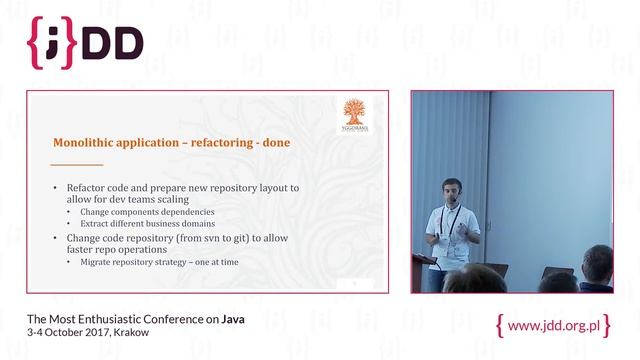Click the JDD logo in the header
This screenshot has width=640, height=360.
point(85,41)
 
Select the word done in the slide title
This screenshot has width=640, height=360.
point(273,142)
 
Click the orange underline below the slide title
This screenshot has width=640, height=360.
point(78,164)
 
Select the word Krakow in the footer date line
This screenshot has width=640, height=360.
point(131,332)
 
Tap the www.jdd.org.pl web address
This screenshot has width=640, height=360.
point(553,326)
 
